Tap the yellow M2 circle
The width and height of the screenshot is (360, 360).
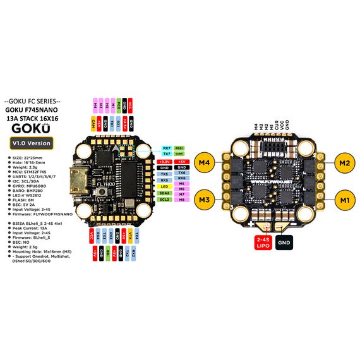(344, 162)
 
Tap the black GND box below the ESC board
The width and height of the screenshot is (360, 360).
(284, 241)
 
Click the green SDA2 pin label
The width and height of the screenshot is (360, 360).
(164, 193)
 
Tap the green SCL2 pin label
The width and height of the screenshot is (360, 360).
(164, 200)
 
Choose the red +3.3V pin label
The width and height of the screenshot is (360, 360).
(164, 162)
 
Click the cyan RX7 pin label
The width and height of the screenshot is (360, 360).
(166, 147)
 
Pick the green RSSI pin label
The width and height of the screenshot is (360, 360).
(179, 147)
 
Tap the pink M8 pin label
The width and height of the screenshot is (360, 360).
(181, 200)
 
